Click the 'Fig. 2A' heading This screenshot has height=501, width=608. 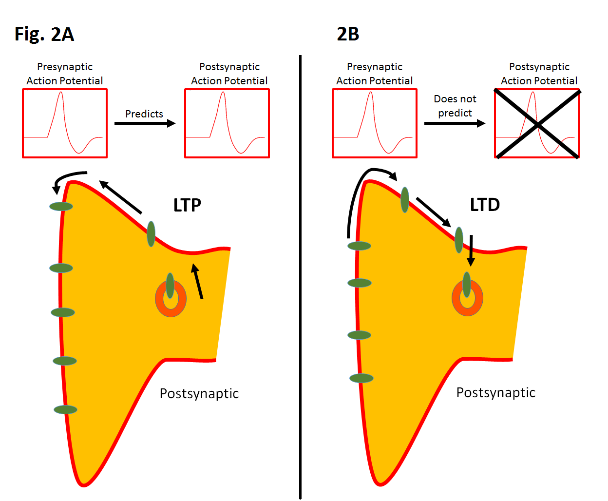(44, 35)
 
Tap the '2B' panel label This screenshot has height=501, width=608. (348, 34)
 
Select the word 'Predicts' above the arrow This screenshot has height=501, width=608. (144, 114)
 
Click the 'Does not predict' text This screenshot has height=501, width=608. (455, 106)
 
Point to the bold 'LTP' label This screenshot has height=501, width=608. (187, 205)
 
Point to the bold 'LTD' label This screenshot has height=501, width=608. (485, 205)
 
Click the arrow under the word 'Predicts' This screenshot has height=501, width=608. (145, 123)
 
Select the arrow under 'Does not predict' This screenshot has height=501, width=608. (455, 123)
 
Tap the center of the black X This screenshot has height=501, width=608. (537, 125)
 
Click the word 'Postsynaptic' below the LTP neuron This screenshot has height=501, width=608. (199, 393)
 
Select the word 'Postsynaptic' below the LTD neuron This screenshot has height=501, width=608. (495, 392)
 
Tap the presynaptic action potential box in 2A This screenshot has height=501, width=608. (65, 123)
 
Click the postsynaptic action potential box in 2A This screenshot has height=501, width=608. (227, 123)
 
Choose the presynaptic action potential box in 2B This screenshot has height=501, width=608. (375, 123)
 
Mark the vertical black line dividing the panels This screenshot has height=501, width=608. (300, 278)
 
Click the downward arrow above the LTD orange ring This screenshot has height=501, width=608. (471, 250)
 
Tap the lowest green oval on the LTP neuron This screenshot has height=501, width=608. (65, 409)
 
